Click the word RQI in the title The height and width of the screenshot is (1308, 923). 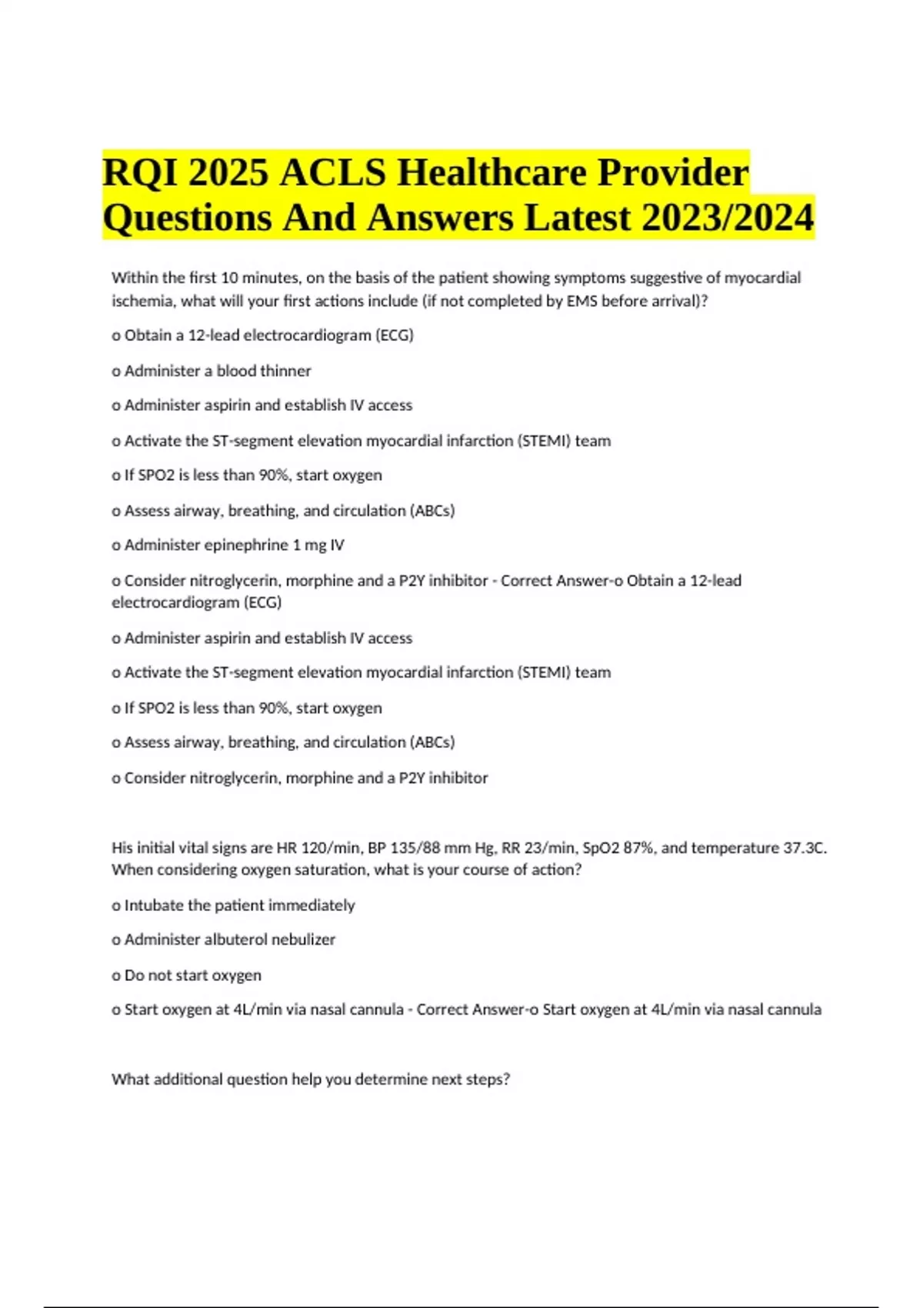(138, 172)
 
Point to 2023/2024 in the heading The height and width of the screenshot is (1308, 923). (727, 218)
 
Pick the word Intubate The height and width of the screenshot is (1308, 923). (154, 906)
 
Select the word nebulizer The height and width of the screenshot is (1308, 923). (303, 939)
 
